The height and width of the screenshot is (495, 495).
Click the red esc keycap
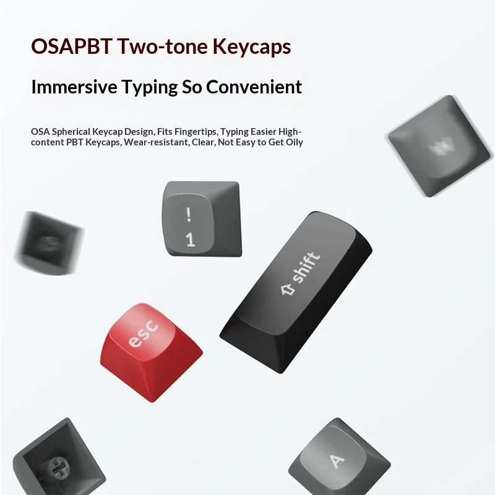tap(151, 352)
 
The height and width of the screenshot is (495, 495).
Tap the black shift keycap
tap(296, 292)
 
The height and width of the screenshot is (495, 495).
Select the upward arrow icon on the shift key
tap(288, 289)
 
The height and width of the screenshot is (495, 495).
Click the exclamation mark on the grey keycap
tap(189, 213)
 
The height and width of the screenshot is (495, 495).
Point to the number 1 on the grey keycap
tap(190, 239)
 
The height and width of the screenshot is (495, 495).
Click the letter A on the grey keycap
tap(337, 461)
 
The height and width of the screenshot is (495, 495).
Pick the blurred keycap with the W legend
tap(439, 146)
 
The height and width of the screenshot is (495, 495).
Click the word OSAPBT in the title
tap(71, 46)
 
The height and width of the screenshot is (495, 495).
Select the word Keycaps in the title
tap(252, 47)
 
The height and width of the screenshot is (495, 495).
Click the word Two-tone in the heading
tap(162, 46)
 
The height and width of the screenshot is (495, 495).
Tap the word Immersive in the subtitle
tap(74, 87)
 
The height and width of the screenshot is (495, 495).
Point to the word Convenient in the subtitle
tap(254, 87)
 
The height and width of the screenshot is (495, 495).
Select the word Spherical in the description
tap(71, 132)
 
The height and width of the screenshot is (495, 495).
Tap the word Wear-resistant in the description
tap(157, 142)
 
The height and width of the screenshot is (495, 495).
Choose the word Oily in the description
tap(295, 142)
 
